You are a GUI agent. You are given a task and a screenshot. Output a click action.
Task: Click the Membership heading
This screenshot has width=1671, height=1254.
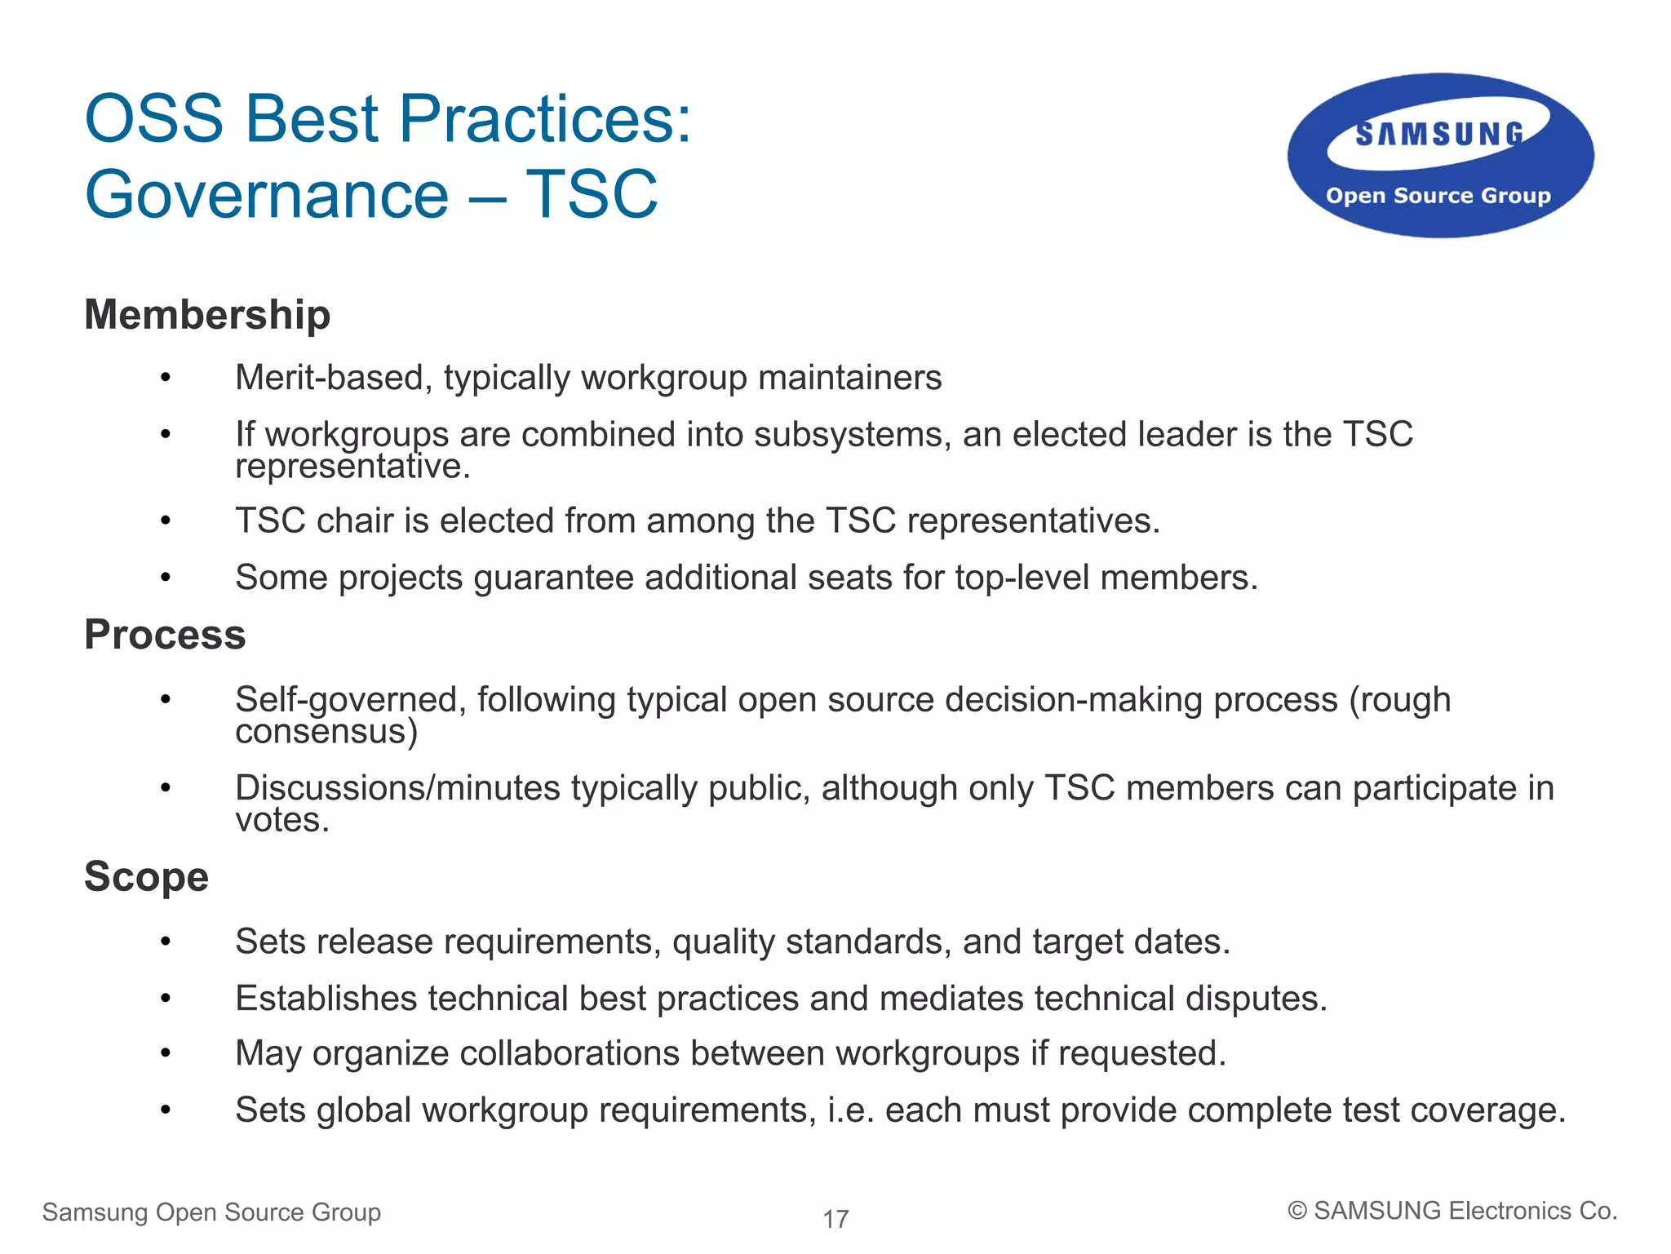(x=207, y=316)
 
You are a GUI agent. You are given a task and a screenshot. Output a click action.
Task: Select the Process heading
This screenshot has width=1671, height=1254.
(x=165, y=636)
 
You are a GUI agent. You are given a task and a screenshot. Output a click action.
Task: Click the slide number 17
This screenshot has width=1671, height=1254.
(x=835, y=1219)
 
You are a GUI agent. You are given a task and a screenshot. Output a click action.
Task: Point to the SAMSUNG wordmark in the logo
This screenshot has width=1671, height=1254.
(x=1439, y=135)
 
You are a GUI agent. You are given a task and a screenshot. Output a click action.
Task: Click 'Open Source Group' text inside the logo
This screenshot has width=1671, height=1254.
(x=1438, y=196)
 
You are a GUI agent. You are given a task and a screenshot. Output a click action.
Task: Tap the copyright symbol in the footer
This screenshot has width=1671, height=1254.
(x=1296, y=1212)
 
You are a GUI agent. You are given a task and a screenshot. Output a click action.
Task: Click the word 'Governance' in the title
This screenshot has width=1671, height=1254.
(x=267, y=195)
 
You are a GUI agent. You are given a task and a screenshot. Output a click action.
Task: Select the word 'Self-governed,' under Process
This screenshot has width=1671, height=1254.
(x=351, y=700)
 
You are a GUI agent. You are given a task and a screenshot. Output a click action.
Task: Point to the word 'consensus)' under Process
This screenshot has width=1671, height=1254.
(x=326, y=732)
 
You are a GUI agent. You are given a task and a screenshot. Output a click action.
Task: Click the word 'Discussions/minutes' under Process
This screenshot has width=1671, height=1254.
(x=397, y=788)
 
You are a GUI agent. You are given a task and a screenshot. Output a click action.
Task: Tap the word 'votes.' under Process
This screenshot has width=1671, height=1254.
(x=282, y=820)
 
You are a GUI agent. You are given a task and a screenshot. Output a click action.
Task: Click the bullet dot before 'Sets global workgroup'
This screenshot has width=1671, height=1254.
(x=166, y=1110)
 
